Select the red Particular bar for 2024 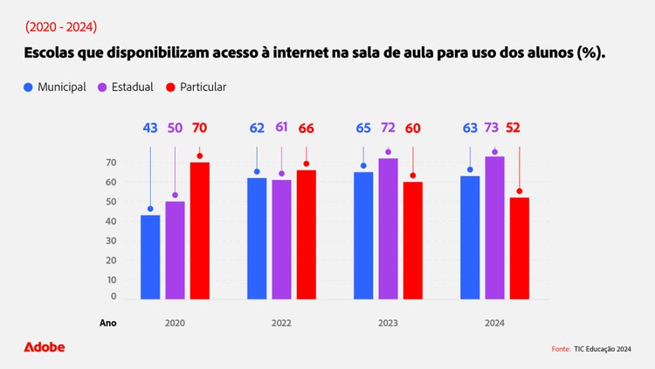pos(520,248)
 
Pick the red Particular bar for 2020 pos(200,231)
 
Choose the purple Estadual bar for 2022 pos(281,240)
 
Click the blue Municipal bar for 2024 pos(470,238)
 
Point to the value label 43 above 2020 pos(150,129)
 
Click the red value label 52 pos(520,129)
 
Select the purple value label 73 pos(494,129)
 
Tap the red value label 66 pos(307,129)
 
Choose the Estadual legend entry pos(126,87)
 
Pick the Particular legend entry pos(193,87)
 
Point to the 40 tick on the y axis pos(111,221)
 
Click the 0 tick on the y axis pos(114,297)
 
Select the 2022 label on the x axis pos(281,323)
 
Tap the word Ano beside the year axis pos(107,323)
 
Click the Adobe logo pos(44,347)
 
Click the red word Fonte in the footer pos(561,349)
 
